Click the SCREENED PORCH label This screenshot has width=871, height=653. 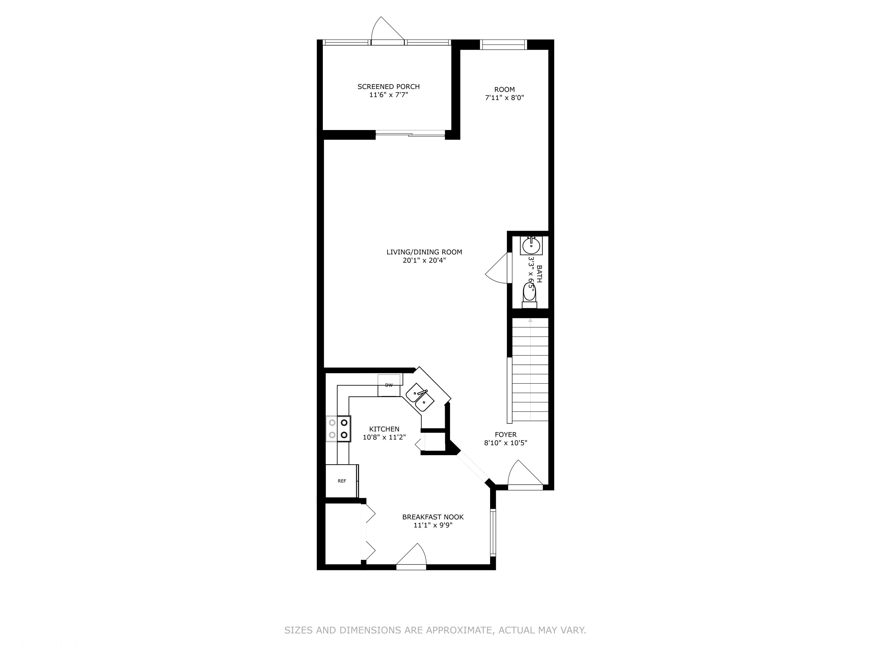click(x=388, y=86)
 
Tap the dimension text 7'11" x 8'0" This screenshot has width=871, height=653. click(x=504, y=98)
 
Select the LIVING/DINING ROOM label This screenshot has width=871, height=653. click(x=424, y=252)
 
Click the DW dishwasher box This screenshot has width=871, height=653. click(x=389, y=385)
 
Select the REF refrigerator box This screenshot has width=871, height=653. click(x=341, y=481)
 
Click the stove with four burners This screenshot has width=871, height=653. click(x=338, y=429)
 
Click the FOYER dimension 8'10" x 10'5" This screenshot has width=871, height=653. click(x=505, y=443)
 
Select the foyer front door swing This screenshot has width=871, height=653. click(x=523, y=474)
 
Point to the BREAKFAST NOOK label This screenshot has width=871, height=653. click(x=433, y=517)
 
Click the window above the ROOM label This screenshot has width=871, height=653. click(x=503, y=44)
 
